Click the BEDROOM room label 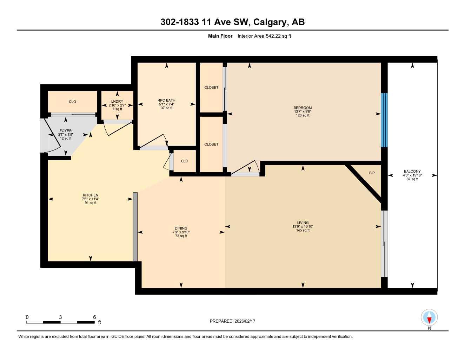point(302,108)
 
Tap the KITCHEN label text point(90,195)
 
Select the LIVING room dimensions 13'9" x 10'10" point(303,226)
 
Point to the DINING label point(181,228)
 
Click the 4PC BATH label point(166,100)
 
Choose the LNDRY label point(117,101)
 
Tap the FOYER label point(65,131)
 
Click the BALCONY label point(412,172)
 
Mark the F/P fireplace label point(372,173)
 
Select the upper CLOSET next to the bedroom point(211,88)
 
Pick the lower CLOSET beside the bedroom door point(211,144)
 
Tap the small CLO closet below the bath point(184,161)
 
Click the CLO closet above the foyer point(72,102)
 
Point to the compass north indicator point(429,319)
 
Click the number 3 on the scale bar point(60,317)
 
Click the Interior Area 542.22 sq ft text point(264,36)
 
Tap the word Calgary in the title point(269,22)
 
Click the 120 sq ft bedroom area point(302,115)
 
